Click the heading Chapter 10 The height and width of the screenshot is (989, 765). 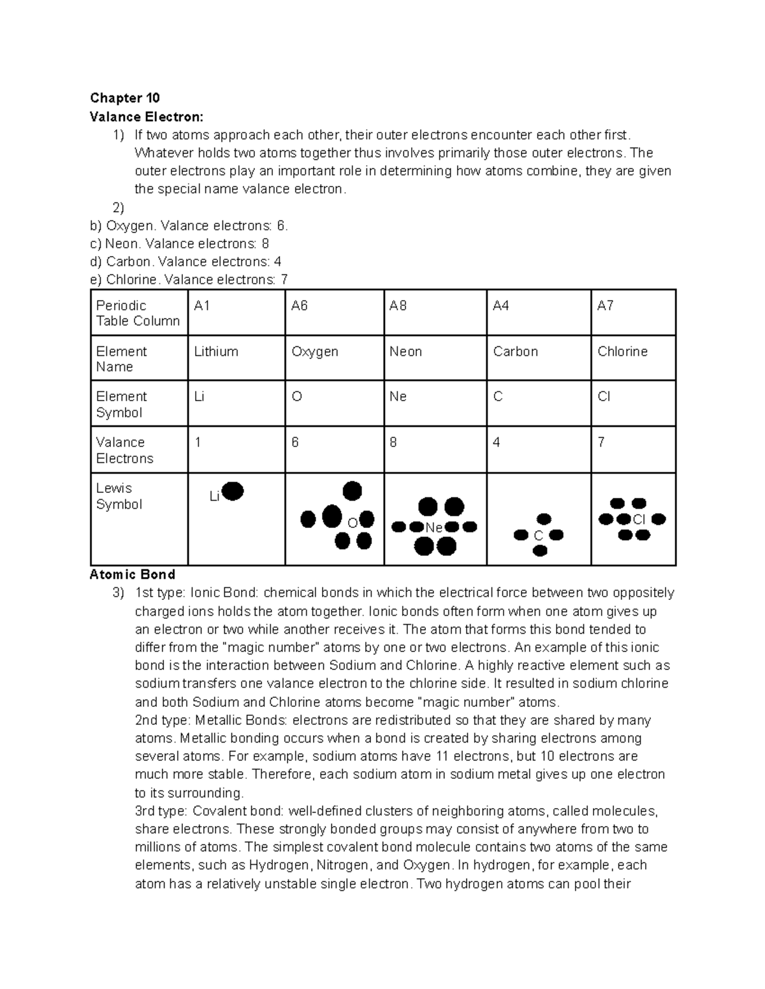click(124, 97)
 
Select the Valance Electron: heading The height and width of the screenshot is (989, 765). click(147, 117)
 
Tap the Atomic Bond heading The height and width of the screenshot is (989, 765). click(132, 574)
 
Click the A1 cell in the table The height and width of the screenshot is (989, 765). click(202, 306)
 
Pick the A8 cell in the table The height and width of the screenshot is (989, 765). click(398, 306)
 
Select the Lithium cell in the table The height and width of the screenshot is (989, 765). click(216, 352)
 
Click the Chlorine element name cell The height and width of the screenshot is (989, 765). click(622, 352)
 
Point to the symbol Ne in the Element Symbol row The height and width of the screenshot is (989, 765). click(398, 397)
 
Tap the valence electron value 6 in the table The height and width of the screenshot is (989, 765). click(295, 442)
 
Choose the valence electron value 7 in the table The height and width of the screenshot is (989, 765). click(601, 442)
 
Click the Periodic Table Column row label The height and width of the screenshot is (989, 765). click(138, 313)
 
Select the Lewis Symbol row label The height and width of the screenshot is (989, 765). click(119, 496)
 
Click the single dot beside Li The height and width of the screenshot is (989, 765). click(233, 491)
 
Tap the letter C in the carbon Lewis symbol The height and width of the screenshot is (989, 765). click(539, 536)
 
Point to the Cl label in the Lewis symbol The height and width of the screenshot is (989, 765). click(639, 520)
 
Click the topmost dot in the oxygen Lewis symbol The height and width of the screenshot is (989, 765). click(352, 490)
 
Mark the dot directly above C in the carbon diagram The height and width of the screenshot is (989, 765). click(543, 519)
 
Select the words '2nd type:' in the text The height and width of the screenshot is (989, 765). click(161, 720)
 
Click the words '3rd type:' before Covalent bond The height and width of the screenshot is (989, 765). click(161, 811)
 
